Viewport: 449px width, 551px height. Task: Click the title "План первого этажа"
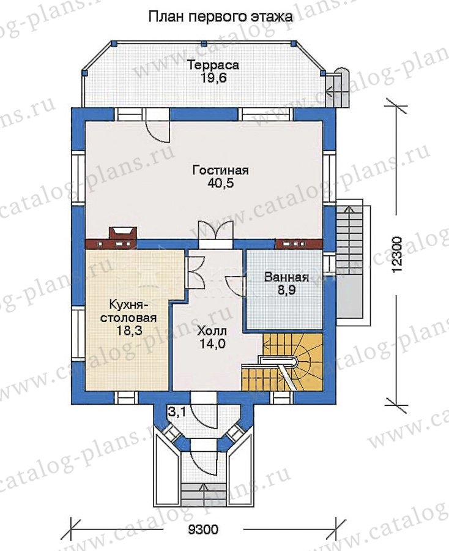click(220, 17)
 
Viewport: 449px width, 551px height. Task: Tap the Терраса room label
click(213, 65)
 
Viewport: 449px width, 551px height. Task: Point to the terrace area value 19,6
click(213, 78)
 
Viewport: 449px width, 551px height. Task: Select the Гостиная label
click(220, 170)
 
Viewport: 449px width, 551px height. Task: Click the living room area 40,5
click(220, 183)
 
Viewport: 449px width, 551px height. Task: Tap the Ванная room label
click(286, 277)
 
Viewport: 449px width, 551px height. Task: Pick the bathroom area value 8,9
click(287, 290)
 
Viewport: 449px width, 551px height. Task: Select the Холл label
click(212, 331)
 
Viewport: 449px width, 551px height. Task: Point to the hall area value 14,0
click(212, 343)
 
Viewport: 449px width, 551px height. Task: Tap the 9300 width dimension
click(203, 529)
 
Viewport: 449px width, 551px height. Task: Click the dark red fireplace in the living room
click(123, 237)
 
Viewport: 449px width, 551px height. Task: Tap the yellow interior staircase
click(283, 362)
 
